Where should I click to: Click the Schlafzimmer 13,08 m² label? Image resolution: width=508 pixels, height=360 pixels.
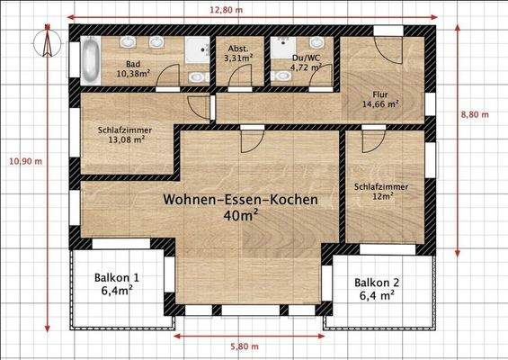[124, 135]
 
